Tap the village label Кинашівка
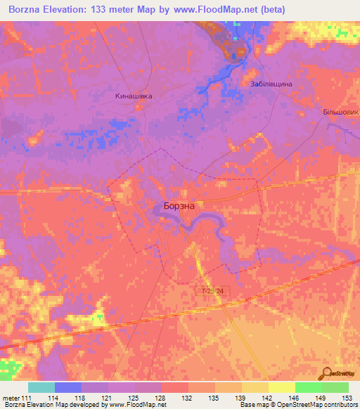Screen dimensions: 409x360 pos(134,96)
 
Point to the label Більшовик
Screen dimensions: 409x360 pos(340,112)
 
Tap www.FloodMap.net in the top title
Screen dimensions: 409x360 pos(238,9)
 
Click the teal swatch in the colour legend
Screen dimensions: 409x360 pos(41,388)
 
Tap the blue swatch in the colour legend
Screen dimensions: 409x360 pos(68,388)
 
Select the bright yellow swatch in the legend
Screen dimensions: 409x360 pos(282,388)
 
